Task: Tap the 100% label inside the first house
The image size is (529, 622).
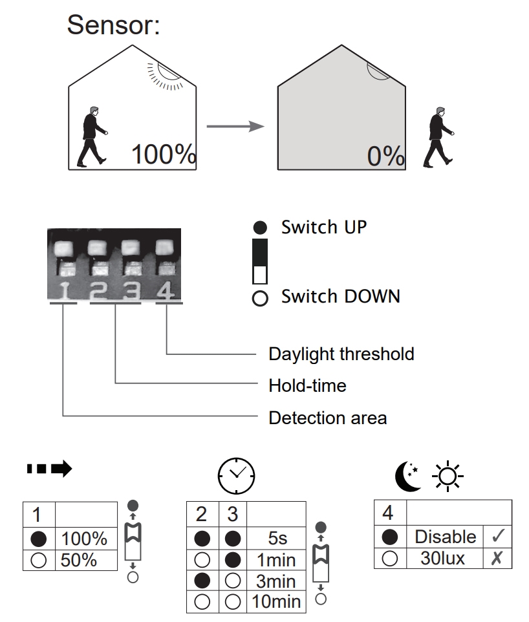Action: click(163, 155)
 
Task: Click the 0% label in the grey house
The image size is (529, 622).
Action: click(385, 156)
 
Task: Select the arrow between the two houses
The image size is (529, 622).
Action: click(235, 126)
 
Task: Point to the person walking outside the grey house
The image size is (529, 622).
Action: click(438, 138)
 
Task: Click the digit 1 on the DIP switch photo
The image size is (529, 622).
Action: click(64, 292)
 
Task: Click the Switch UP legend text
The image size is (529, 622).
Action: click(323, 228)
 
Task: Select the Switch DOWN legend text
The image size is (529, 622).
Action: click(340, 297)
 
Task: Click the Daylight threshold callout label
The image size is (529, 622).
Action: click(341, 354)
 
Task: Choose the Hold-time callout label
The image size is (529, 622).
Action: click(307, 386)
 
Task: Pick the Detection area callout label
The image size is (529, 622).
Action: click(327, 418)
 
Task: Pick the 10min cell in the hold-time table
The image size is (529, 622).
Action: click(276, 602)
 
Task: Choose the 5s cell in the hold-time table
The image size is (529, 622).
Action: click(276, 538)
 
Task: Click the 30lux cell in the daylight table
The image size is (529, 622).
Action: click(442, 558)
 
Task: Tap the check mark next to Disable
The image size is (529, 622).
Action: click(498, 537)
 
